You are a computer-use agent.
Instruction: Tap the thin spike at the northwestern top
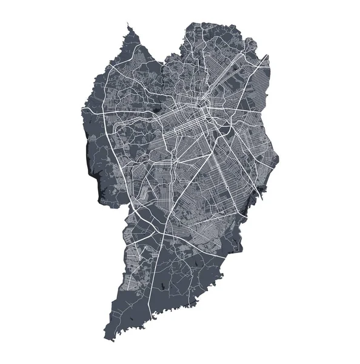pyautogui.click(x=128, y=25)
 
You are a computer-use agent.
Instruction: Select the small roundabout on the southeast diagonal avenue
pyautogui.click(x=231, y=130)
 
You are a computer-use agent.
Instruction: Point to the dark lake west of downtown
pyautogui.click(x=159, y=110)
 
